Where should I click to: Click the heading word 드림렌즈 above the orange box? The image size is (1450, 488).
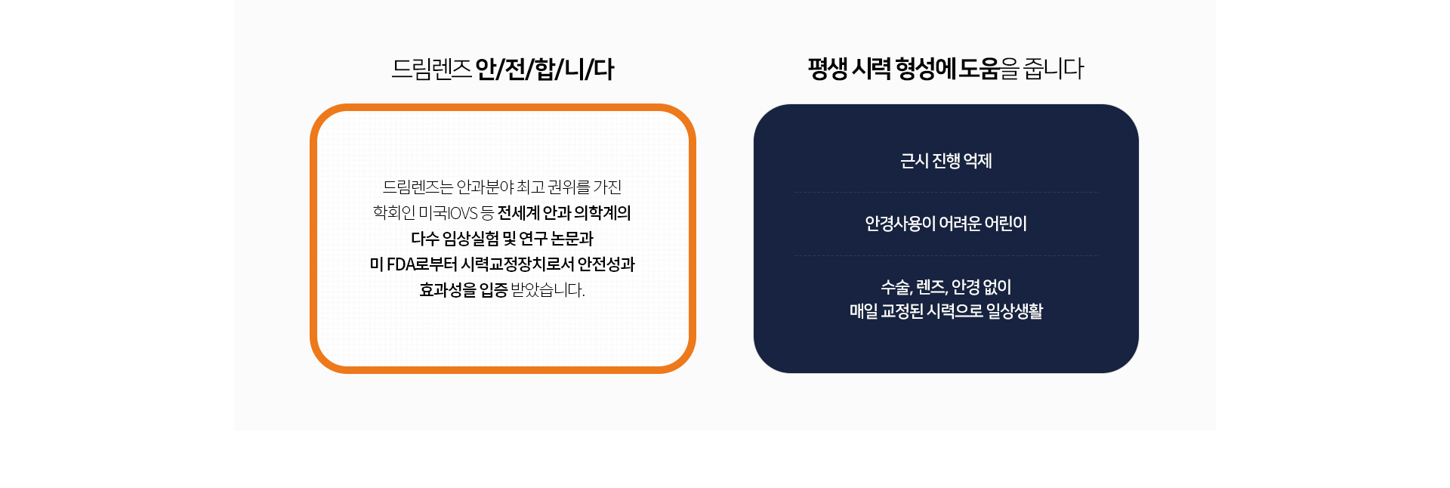point(431,69)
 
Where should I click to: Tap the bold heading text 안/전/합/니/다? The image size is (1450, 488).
point(545,69)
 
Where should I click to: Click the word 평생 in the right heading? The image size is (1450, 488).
point(828,69)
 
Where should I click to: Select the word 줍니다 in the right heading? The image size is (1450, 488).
point(1054,69)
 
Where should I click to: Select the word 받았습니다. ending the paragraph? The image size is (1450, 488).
point(548,290)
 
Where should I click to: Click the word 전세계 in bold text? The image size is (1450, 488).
point(519,213)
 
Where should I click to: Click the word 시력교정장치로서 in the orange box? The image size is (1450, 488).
point(517,264)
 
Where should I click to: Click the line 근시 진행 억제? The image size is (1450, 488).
point(946,161)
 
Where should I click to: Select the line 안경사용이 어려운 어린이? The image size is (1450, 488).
point(946,224)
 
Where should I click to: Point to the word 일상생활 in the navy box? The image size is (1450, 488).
point(1014,311)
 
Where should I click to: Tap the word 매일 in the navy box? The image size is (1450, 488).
point(864,311)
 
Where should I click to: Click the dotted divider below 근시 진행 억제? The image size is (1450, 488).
point(946,193)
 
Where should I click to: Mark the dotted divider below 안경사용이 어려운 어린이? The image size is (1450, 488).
point(946,256)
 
